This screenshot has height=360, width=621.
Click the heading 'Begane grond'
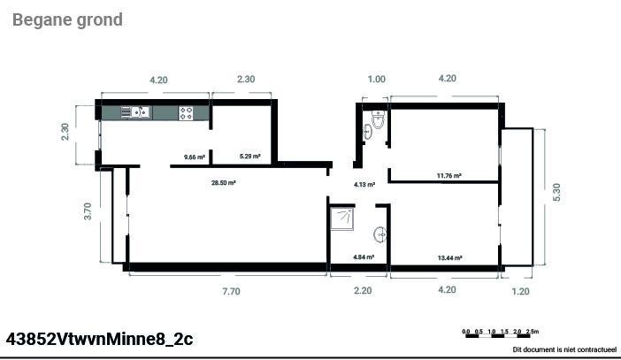click(x=67, y=20)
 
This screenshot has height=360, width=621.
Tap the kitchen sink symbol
click(x=135, y=112)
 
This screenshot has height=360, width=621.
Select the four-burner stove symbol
click(x=186, y=113)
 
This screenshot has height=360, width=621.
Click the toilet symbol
click(x=379, y=119)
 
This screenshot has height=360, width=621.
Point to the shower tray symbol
click(x=342, y=218)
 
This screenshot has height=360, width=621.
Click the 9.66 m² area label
click(x=195, y=157)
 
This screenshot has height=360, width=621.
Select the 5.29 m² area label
click(x=250, y=157)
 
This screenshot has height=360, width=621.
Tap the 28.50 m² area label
click(x=224, y=183)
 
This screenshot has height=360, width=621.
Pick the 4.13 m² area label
click(x=364, y=185)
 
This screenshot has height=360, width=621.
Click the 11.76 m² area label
click(x=449, y=175)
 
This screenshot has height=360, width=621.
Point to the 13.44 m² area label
click(x=450, y=258)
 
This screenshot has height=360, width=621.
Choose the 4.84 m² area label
click(x=364, y=257)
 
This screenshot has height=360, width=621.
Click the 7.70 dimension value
click(x=231, y=292)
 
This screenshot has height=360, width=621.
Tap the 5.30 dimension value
click(x=556, y=192)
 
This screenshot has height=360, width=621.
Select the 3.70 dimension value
click(x=88, y=211)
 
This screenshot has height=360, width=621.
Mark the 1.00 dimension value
click(x=376, y=80)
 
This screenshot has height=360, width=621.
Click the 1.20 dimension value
click(x=520, y=292)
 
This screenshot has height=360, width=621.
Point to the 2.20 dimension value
click(x=363, y=291)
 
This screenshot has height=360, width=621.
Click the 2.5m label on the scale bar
click(x=533, y=332)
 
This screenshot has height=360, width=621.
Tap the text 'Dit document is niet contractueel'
click(x=564, y=349)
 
